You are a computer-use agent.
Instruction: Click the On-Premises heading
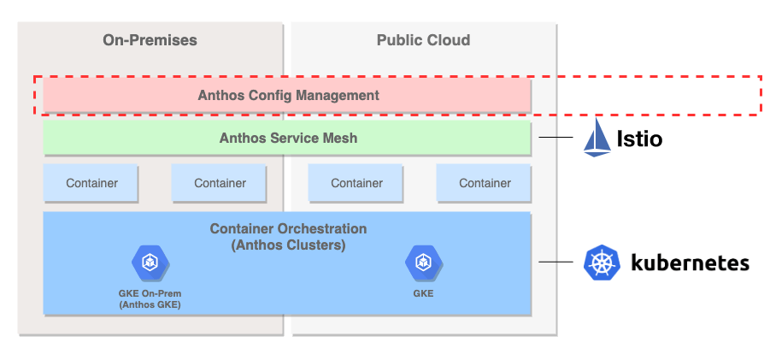click(150, 40)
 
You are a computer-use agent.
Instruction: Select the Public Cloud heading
click(423, 40)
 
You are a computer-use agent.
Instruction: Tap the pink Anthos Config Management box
click(287, 95)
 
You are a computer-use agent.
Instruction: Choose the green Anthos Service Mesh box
click(287, 138)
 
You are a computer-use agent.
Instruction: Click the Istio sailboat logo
click(597, 138)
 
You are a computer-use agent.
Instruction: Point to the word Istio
click(639, 139)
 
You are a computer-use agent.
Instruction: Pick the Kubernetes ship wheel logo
click(602, 263)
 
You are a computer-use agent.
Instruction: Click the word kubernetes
click(690, 263)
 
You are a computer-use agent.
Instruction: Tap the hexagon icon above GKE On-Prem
click(150, 263)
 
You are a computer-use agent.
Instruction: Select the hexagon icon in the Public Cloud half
click(423, 263)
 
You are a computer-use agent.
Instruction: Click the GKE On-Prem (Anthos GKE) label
click(150, 299)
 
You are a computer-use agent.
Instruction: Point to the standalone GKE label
click(423, 293)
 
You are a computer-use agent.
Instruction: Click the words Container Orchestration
click(288, 229)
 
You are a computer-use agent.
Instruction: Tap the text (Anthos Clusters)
click(288, 245)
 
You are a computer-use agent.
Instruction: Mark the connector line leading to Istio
click(555, 138)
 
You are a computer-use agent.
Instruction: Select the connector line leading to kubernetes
click(555, 262)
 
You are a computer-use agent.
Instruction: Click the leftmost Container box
click(91, 183)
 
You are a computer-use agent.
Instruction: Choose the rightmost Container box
click(484, 183)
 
